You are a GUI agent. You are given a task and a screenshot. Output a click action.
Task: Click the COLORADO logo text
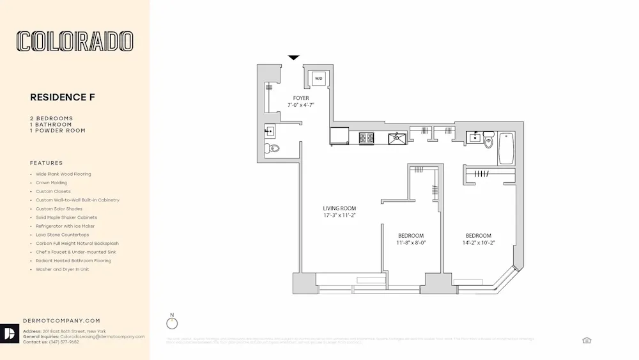(75, 42)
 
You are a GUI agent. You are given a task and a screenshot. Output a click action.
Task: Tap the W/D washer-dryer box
(318, 79)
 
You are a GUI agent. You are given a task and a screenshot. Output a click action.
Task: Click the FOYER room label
(301, 98)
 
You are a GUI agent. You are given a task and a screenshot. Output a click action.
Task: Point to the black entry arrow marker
(293, 58)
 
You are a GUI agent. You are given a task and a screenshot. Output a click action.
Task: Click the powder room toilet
(273, 149)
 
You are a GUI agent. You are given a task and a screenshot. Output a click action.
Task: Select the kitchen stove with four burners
(367, 137)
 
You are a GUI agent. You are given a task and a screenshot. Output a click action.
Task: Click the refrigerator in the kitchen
(339, 136)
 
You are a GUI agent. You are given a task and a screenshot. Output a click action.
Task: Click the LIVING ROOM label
(339, 208)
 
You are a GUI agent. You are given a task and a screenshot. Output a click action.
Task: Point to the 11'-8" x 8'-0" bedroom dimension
(411, 243)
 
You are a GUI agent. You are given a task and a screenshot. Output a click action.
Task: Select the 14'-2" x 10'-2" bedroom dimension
(478, 243)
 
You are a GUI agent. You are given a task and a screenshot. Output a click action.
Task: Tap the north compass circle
(171, 324)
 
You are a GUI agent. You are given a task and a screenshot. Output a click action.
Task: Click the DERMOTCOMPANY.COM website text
(61, 321)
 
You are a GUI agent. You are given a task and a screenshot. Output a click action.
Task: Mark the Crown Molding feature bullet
(51, 183)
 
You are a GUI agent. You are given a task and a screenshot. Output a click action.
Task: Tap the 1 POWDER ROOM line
(58, 130)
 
